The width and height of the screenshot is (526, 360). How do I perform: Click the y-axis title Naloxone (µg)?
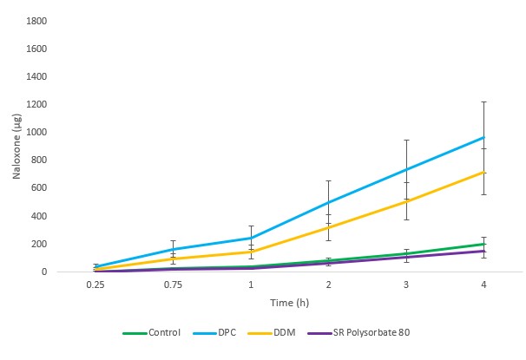[x=16, y=145]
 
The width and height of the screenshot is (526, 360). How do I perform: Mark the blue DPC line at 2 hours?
[x=327, y=202]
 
